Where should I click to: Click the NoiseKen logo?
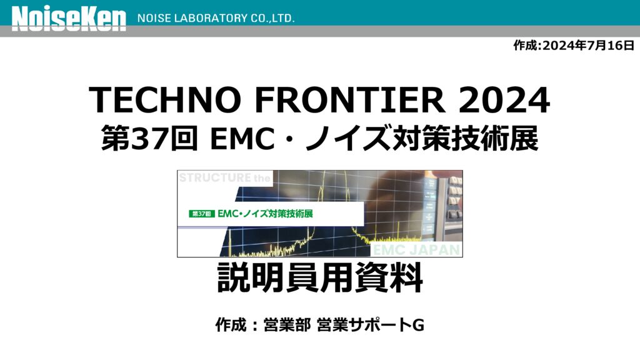[69, 19]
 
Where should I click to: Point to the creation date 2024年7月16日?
[588, 45]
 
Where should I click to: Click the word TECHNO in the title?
[164, 99]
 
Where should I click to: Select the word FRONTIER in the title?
[350, 99]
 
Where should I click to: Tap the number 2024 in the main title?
[504, 99]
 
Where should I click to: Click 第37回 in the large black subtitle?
[150, 138]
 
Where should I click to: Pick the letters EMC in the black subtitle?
[242, 139]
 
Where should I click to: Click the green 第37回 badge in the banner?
[202, 214]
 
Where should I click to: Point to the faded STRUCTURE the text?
[224, 178]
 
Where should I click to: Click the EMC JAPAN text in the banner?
[416, 250]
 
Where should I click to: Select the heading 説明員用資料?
[320, 277]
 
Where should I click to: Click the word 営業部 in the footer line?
[287, 325]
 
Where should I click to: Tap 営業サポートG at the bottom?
[370, 325]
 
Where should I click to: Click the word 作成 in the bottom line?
[231, 325]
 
